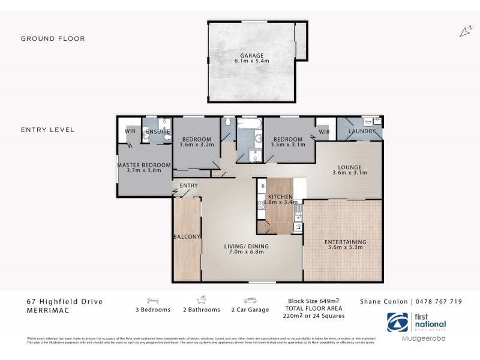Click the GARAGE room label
(252, 55)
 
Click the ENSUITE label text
(158, 131)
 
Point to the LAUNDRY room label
(362, 131)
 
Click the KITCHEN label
(280, 197)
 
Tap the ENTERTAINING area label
(345, 242)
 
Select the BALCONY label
(186, 236)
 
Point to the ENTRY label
(188, 185)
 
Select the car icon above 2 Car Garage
(250, 299)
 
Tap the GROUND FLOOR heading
(53, 38)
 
